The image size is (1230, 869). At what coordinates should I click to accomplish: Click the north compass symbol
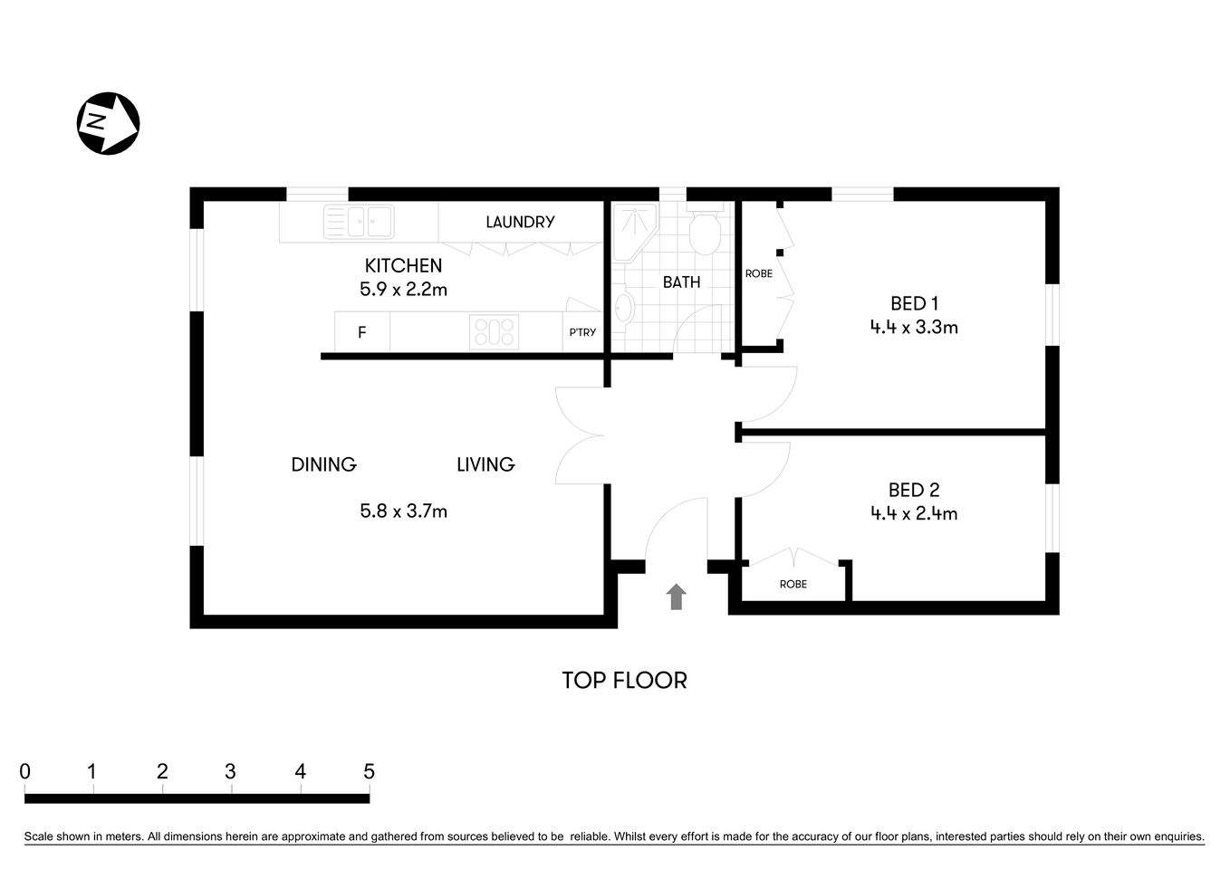pos(108,122)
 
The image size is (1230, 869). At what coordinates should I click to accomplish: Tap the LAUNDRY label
pos(520,222)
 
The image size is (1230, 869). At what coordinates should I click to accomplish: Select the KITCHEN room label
pos(403,265)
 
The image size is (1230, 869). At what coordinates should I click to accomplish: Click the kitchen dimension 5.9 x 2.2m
pos(403,290)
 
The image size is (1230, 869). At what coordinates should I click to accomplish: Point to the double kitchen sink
pos(358,222)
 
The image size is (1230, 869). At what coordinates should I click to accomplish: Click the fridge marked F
pos(362,332)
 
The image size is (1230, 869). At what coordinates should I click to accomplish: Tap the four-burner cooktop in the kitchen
pos(494,332)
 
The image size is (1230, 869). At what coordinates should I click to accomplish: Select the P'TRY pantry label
pos(582,332)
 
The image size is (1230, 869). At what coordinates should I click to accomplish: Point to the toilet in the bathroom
pos(705,232)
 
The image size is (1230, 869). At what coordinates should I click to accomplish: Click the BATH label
pos(681,282)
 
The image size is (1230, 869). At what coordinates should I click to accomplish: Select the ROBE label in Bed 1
pos(759,273)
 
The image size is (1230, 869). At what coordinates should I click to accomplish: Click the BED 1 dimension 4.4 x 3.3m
pos(914,328)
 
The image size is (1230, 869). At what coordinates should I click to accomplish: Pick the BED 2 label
pos(914,490)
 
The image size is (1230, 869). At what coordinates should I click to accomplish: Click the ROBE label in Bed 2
pos(793,584)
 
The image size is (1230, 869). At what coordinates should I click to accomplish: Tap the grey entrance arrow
pos(676,597)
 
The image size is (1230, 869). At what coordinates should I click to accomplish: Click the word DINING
pos(323,464)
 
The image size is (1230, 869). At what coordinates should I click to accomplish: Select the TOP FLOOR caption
pos(624,680)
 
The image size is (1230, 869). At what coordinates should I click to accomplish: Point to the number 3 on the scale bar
pos(231,771)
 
